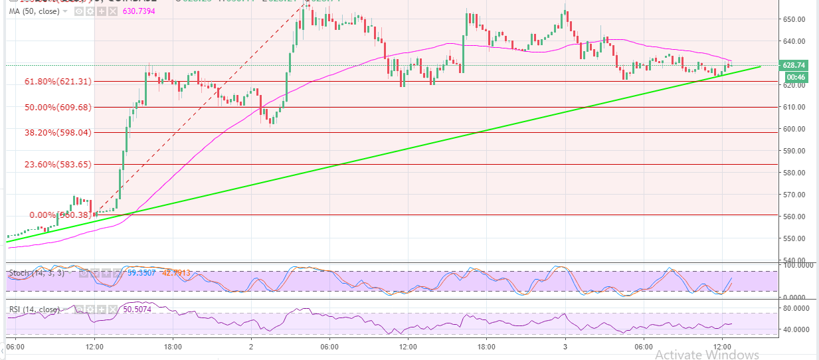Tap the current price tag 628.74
pyautogui.click(x=794, y=66)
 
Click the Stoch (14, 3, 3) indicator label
pyautogui.click(x=37, y=272)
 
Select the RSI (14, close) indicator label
pyautogui.click(x=33, y=310)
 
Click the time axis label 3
pyautogui.click(x=565, y=347)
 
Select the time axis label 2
pyautogui.click(x=251, y=347)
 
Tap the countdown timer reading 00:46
pyautogui.click(x=794, y=77)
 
